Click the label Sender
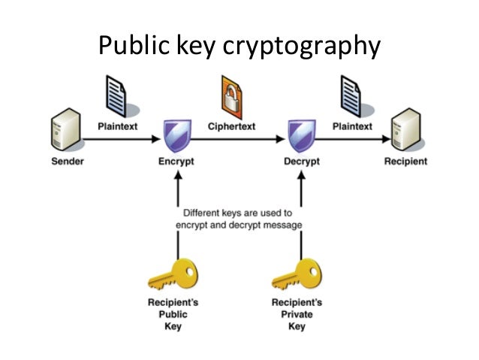[68, 162]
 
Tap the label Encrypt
[177, 162]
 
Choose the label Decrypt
[301, 162]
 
